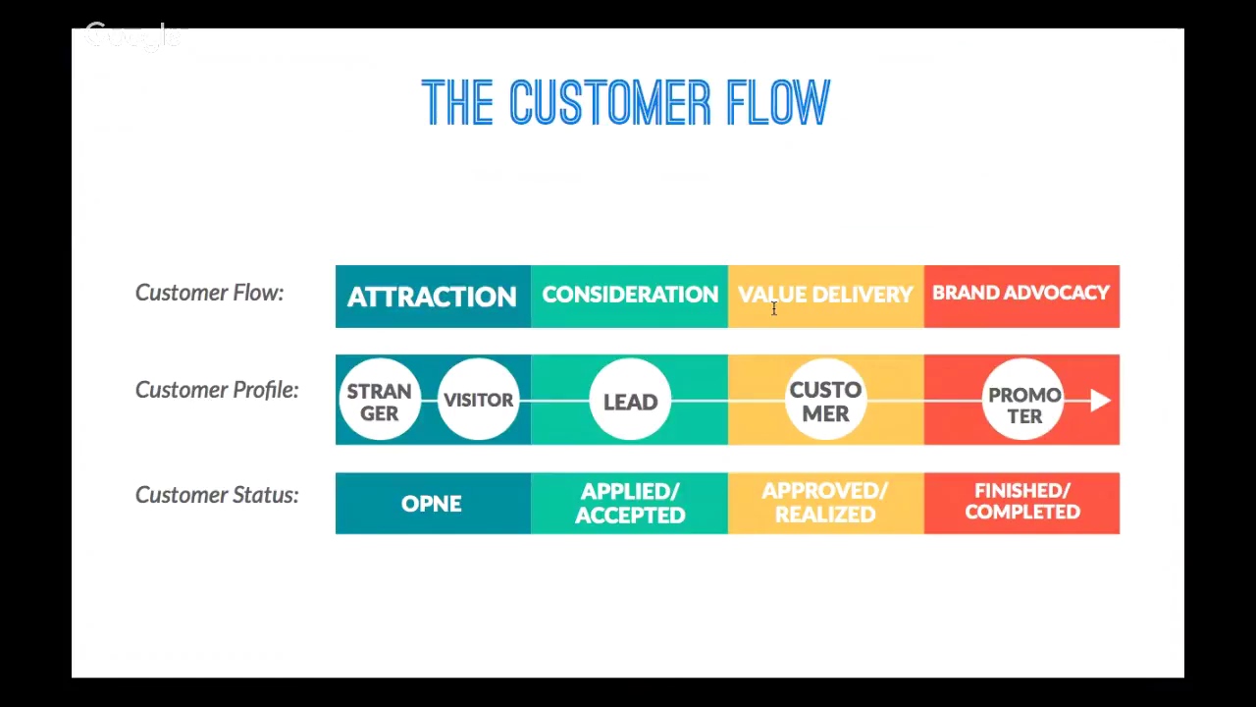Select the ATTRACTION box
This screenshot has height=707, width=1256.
pos(432,297)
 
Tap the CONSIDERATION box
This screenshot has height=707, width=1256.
pos(629,296)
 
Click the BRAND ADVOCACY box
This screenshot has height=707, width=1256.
pos(1020,295)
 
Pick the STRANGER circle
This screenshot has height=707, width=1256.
pos(379,401)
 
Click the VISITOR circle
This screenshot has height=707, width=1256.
pos(478,401)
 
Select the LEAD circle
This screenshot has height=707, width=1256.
pos(630,402)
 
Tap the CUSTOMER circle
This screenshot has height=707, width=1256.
pos(825,402)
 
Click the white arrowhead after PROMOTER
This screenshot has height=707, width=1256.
pos(1100,401)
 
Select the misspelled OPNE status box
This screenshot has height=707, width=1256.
pos(432,504)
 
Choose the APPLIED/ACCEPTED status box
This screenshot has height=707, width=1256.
pos(629,504)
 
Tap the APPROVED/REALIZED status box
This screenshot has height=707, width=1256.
pos(825,503)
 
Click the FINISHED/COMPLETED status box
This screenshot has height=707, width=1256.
pos(1021,502)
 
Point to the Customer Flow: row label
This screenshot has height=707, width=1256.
pos(209,294)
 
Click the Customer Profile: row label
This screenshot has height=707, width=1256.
pos(217,391)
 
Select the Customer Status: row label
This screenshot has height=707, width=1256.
pos(217,496)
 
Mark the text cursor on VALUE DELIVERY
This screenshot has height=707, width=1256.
pos(773,309)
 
